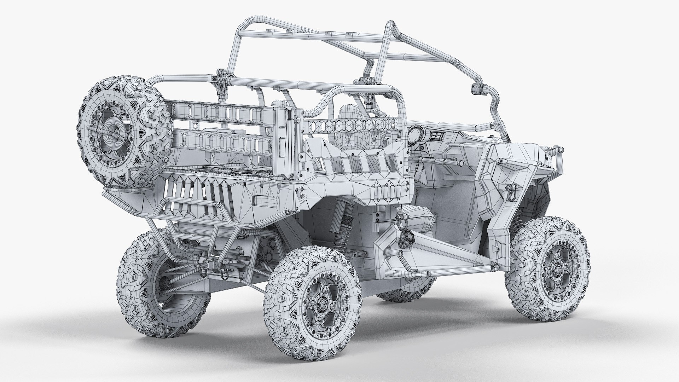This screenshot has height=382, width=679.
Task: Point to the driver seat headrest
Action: coord(349,114)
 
